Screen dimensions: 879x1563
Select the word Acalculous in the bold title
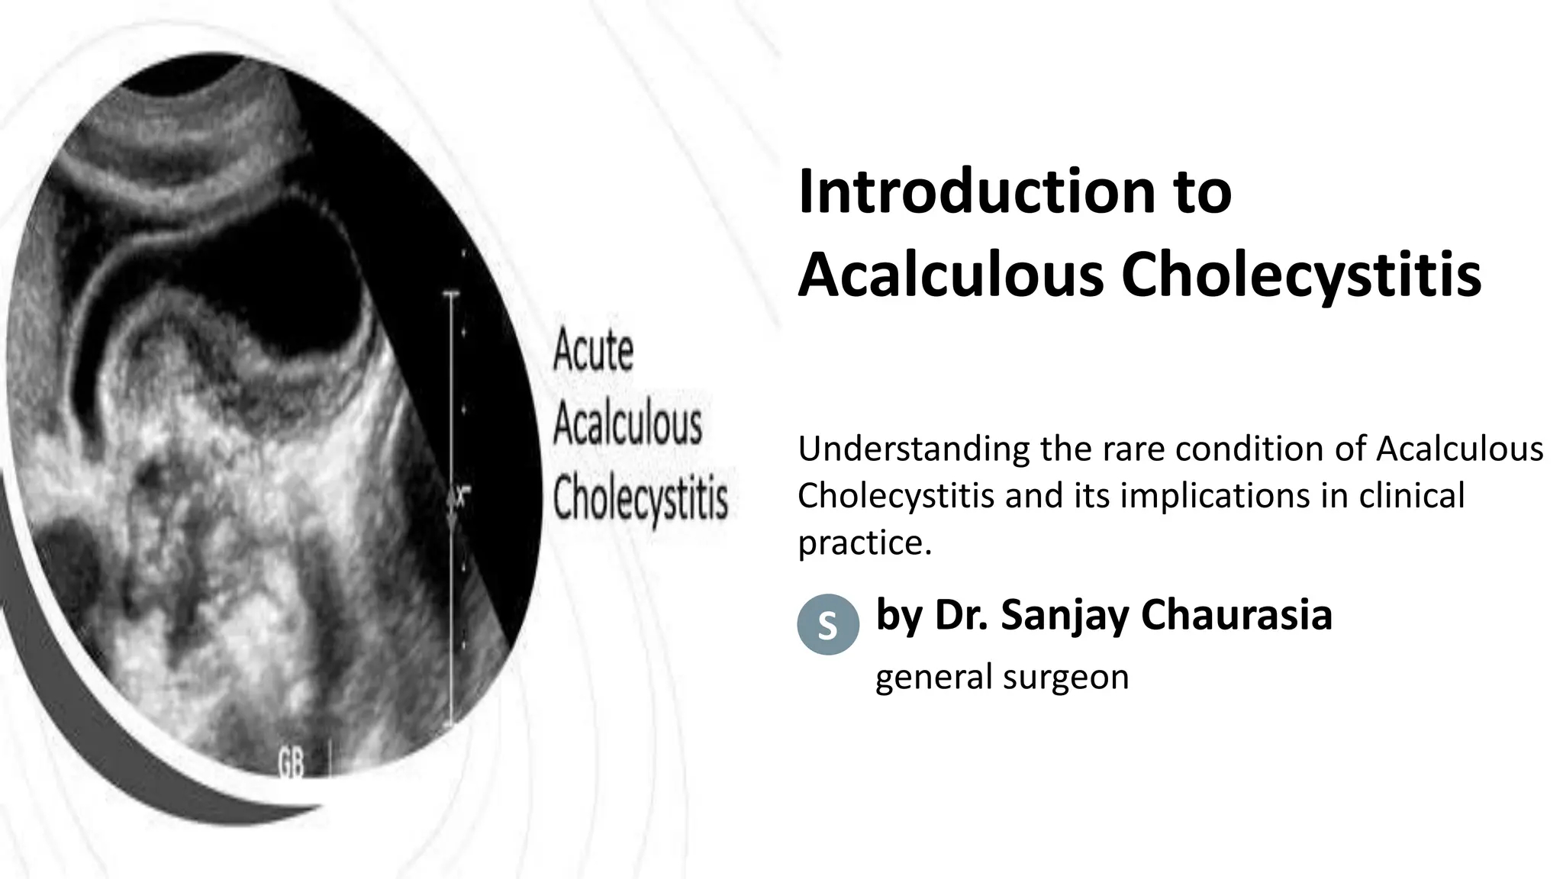tap(950, 274)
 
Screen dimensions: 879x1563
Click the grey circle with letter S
tap(828, 625)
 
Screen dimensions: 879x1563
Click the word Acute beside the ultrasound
tap(593, 350)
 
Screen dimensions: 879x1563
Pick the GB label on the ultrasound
tap(291, 762)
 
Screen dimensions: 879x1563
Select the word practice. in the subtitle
tap(865, 543)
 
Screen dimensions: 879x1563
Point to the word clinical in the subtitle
tap(1412, 496)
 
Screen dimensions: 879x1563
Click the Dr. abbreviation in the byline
tap(962, 615)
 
